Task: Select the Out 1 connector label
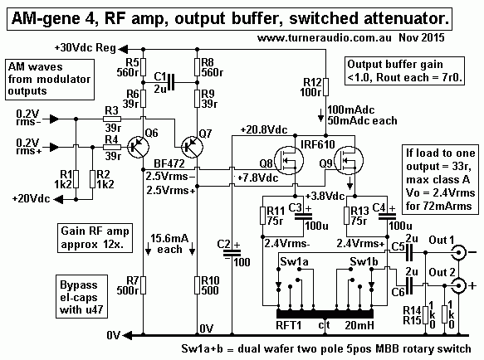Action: coord(441,240)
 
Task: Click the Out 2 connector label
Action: coord(441,270)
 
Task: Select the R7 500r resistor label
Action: coord(127,290)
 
